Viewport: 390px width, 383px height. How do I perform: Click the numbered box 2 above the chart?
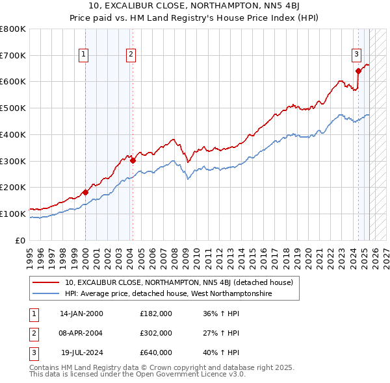coord(131,55)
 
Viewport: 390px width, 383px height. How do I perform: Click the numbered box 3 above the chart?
coord(356,55)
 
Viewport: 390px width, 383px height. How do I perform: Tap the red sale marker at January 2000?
coord(85,192)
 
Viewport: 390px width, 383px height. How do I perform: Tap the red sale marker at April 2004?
coord(133,160)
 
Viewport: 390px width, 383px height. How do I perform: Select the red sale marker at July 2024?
coord(358,71)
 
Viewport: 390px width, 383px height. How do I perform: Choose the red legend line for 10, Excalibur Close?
coord(47,282)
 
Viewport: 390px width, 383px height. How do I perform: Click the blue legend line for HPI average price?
coord(47,293)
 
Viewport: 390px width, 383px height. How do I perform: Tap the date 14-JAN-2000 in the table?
coord(81,314)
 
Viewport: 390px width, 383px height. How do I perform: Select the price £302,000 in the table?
coord(156,333)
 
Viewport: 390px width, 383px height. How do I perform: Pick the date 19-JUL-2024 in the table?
coord(81,352)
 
